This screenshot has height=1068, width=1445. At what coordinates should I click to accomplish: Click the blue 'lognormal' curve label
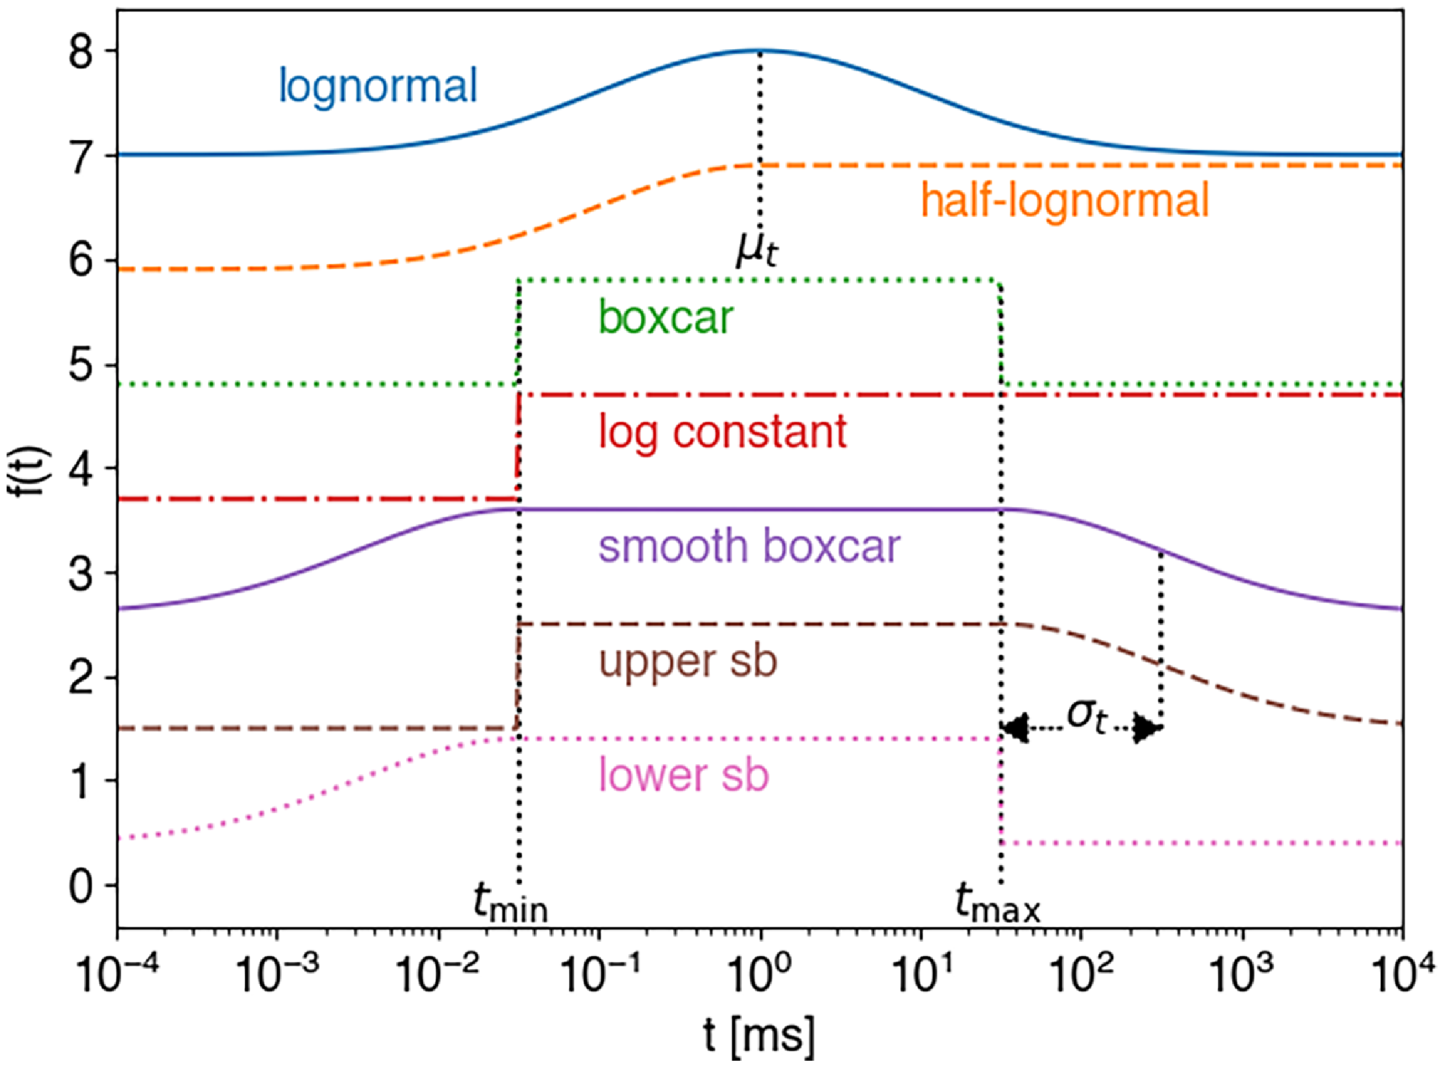[x=377, y=86]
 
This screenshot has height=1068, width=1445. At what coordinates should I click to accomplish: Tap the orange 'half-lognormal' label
[x=1064, y=201]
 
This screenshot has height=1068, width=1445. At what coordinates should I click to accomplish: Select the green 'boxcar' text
[x=665, y=317]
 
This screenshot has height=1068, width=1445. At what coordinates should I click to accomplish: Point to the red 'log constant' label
[x=722, y=432]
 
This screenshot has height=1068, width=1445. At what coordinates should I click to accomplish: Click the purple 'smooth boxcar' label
[x=749, y=547]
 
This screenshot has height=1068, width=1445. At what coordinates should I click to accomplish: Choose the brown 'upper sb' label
[x=688, y=662]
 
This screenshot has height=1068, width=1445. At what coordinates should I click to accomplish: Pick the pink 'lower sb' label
[x=683, y=775]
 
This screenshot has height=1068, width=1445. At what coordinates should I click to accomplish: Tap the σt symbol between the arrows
[x=1086, y=715]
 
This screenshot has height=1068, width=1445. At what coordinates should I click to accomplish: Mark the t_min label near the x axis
[x=511, y=904]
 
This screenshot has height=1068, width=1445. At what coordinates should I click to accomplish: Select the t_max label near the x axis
[x=997, y=904]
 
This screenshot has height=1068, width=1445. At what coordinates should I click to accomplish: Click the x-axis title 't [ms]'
[x=759, y=1036]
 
